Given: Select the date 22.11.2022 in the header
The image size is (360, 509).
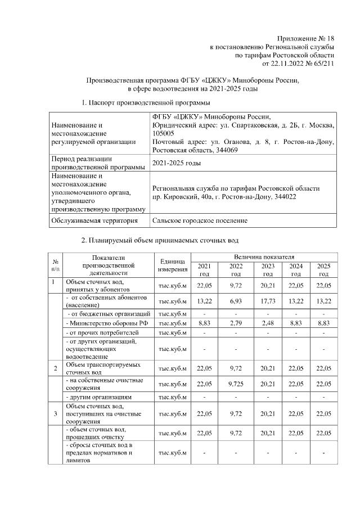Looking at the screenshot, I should pos(303,64).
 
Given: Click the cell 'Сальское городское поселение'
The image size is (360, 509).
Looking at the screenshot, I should pos(200,220).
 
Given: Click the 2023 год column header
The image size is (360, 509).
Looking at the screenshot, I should pos(268,270).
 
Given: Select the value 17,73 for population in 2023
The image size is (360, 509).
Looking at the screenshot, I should pos(268,300).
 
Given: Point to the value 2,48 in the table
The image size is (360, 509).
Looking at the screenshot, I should pos(268,323).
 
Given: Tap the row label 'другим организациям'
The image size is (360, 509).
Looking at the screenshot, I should pos(98,397).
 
